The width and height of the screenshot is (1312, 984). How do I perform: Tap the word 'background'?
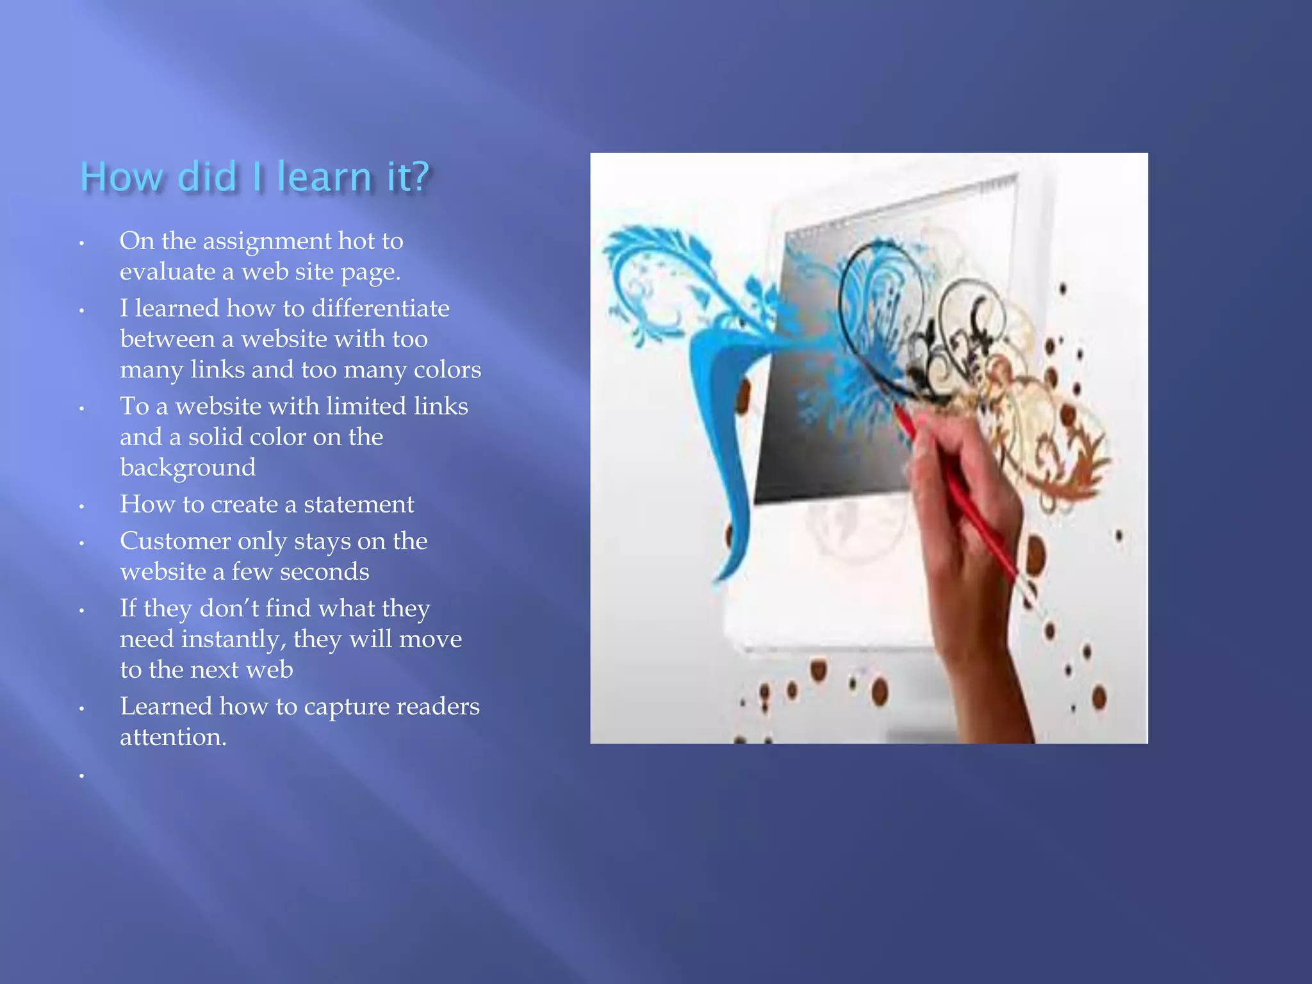coord(188,468)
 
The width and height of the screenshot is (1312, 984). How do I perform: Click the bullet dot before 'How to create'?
coord(82,507)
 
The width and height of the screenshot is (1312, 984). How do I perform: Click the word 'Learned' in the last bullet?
coord(166,707)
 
